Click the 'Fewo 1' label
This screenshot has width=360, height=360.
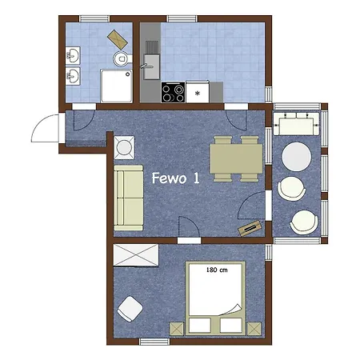pos(175,178)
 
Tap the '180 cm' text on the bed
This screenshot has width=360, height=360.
pos(217,270)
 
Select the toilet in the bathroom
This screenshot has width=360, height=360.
pos(122,58)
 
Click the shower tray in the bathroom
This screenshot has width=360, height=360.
pos(116,86)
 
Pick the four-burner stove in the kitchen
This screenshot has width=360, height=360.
pos(173,92)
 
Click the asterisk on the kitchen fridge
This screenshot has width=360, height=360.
pos(198,93)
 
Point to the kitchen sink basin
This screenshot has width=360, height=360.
pos(151,66)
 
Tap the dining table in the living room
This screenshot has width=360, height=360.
pos(236,158)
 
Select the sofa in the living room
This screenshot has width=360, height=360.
pos(129,198)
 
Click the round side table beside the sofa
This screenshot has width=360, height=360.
pos(124,147)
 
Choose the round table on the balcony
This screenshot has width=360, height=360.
pos(297,157)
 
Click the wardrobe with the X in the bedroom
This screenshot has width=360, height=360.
pos(136,255)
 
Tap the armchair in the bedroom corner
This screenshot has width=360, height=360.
pos(130,309)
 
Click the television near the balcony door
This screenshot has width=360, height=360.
pos(250,228)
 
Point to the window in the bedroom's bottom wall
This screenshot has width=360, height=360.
pos(154,342)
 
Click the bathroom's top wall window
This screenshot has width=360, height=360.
pos(94,18)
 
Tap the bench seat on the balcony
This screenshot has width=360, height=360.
pos(297,124)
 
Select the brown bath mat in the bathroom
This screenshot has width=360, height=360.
pos(118,39)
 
